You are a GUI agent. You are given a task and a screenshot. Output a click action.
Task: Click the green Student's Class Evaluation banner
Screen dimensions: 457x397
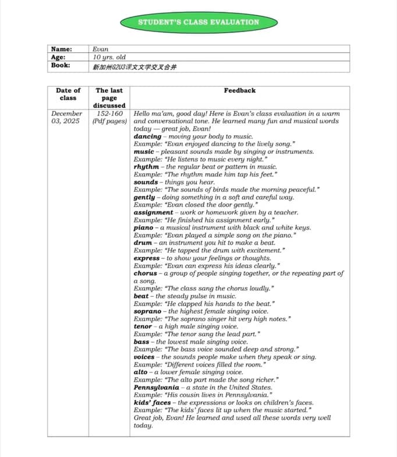click(198, 22)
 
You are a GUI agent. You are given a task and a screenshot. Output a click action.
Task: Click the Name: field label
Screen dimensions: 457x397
click(62, 50)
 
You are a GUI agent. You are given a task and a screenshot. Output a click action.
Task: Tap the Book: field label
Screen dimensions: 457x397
click(61, 65)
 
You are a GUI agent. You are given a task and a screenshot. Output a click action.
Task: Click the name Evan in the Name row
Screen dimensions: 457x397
click(101, 50)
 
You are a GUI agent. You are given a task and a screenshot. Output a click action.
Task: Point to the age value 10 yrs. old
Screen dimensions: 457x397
click(109, 57)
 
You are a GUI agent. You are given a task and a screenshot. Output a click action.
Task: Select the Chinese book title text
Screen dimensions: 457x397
click(134, 66)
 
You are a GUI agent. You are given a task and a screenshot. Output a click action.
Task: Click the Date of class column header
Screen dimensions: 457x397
click(68, 94)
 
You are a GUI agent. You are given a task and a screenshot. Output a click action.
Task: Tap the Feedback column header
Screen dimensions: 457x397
click(239, 90)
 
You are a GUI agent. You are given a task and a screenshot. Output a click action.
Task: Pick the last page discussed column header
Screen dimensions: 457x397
click(109, 97)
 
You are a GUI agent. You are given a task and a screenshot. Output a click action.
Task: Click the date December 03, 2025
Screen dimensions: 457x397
click(66, 117)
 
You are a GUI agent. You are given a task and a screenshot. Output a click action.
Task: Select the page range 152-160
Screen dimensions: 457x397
click(109, 114)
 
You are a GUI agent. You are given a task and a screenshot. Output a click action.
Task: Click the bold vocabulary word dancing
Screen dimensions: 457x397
click(147, 136)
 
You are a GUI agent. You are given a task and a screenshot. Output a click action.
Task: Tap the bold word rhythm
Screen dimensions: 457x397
click(146, 167)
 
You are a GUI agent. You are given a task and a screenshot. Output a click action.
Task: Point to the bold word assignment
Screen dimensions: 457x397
click(153, 213)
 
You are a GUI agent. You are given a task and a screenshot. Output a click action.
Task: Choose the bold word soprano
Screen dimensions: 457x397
click(147, 311)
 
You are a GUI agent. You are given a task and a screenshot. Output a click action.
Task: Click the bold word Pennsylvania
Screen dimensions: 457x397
click(157, 387)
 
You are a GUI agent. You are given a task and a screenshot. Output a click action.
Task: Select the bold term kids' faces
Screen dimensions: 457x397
click(153, 402)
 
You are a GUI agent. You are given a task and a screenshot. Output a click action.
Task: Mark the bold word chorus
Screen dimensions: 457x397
click(146, 273)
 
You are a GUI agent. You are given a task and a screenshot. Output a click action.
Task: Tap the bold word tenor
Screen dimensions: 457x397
click(143, 326)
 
